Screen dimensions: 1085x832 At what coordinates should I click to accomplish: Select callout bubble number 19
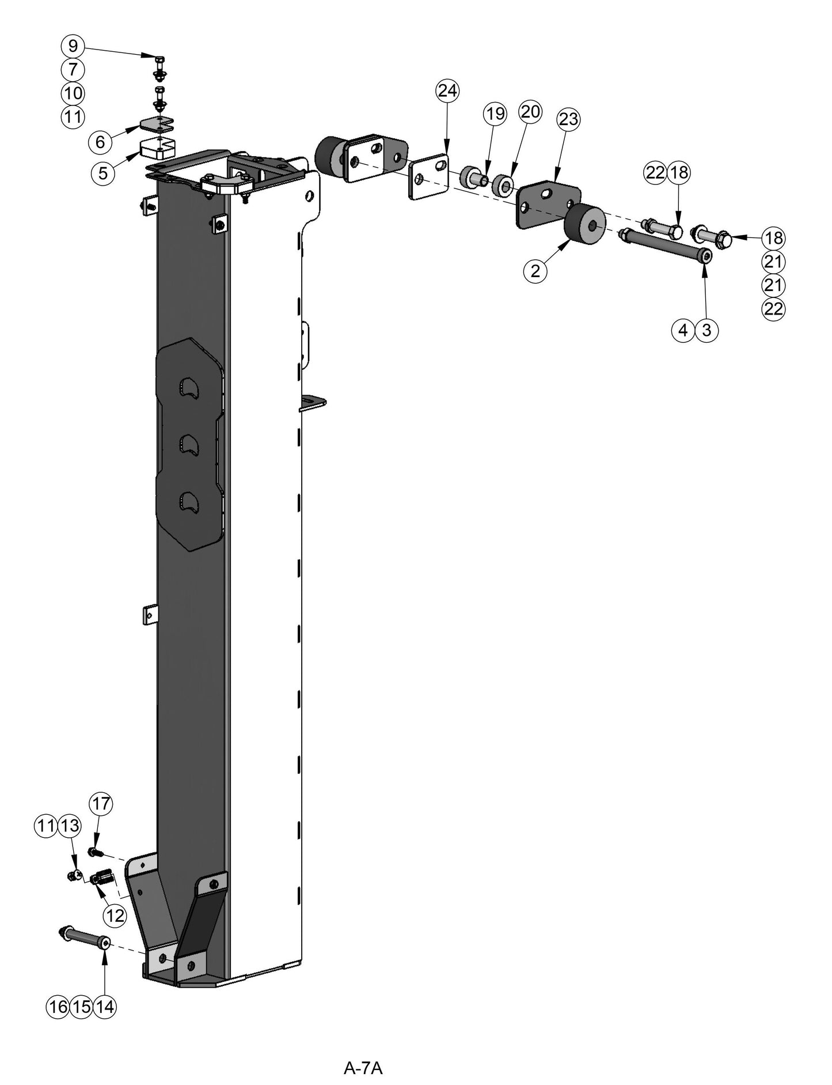click(x=495, y=114)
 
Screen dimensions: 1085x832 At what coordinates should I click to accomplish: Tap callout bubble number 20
click(x=530, y=111)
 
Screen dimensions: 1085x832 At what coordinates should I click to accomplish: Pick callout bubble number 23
click(x=568, y=120)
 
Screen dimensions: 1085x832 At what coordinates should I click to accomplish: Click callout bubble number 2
click(x=535, y=271)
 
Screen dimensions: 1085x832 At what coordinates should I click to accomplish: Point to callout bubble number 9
click(x=73, y=46)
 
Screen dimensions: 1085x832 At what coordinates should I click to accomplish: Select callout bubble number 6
click(x=100, y=142)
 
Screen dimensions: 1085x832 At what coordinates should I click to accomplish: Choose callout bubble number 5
click(x=102, y=173)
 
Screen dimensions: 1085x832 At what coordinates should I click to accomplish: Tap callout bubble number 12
click(x=115, y=915)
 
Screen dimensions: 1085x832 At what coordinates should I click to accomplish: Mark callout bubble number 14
click(x=105, y=1007)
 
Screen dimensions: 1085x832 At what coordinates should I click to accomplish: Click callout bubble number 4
click(x=683, y=330)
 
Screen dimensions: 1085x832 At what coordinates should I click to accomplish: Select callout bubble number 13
click(x=70, y=826)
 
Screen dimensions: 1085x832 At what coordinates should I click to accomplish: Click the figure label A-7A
click(x=363, y=1052)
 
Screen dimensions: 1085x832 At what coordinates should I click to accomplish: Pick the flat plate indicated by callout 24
click(x=428, y=176)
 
